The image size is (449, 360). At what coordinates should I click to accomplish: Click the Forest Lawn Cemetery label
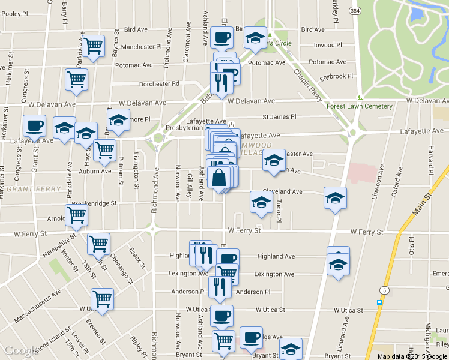(x=360, y=106)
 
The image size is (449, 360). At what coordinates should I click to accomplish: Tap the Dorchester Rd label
(x=159, y=84)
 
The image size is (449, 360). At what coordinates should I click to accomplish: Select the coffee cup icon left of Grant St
(x=34, y=125)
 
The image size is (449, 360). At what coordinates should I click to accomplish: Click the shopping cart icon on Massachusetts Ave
(x=103, y=298)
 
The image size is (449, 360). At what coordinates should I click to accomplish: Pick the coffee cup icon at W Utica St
(x=221, y=315)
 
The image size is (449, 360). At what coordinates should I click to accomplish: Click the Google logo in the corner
(x=21, y=350)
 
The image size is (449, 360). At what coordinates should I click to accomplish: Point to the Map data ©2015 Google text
(x=412, y=356)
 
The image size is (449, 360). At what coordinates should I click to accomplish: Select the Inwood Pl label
(x=328, y=45)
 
